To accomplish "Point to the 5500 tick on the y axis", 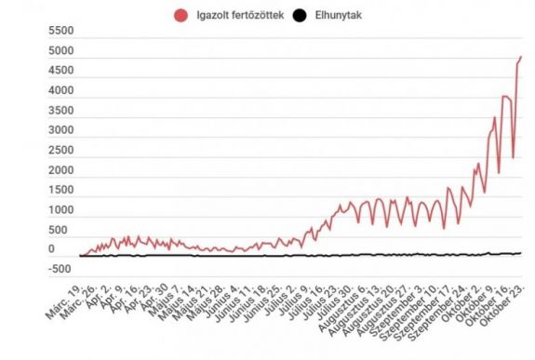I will point(62,33).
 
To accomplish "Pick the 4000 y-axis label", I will point(62,91).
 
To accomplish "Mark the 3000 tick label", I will point(62,131).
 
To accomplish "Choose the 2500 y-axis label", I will point(62,151).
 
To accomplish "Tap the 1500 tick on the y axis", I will point(62,191).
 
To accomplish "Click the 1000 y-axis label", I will point(62,210).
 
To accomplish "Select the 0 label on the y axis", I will point(52,249).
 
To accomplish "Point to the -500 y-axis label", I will point(60,270).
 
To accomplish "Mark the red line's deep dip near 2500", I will point(513,156).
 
